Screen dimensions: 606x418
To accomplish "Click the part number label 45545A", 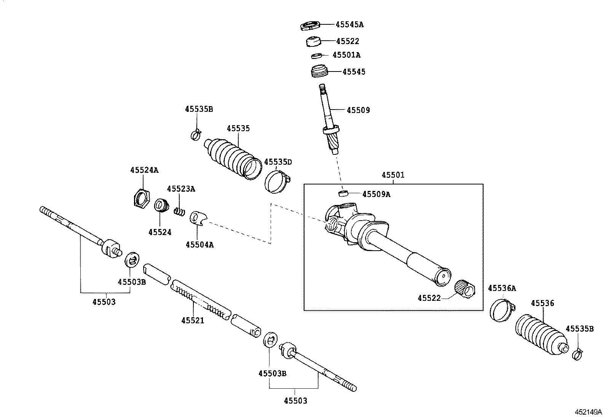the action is point(349,25).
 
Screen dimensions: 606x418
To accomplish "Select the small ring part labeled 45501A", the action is point(316,56).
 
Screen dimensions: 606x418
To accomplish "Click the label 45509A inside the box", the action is point(376,194).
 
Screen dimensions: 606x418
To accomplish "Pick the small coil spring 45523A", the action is point(179,211).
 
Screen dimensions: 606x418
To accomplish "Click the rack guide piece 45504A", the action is point(198,218).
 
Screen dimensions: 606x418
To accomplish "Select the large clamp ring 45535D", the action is point(277,181).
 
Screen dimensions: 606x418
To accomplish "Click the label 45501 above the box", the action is point(393,175).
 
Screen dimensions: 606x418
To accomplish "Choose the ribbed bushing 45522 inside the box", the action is point(465,289).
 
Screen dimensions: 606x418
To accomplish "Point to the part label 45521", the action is point(193,320).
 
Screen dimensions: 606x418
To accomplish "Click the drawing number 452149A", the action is point(588,412).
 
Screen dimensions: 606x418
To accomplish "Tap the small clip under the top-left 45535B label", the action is point(196,134).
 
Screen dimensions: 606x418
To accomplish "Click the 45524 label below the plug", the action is point(160,232).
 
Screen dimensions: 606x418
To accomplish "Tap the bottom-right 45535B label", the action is point(580,329).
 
